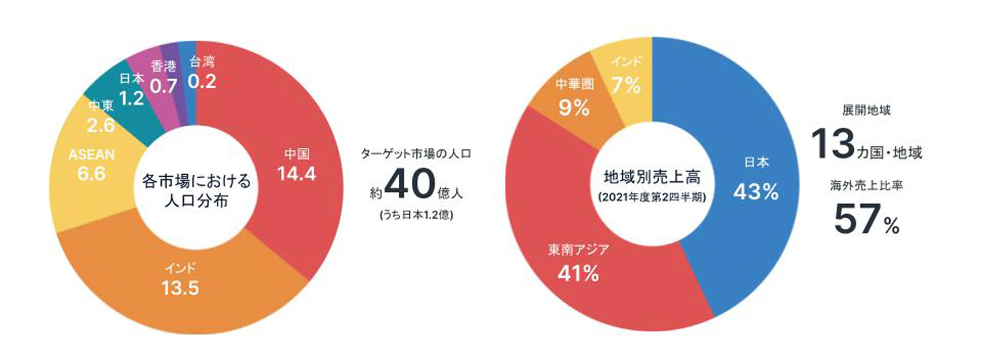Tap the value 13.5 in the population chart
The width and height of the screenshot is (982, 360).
181,288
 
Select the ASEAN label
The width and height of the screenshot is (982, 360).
92,154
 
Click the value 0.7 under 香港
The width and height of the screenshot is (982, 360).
163,84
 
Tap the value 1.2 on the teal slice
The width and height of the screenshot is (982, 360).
133,99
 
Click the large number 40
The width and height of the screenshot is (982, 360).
410,187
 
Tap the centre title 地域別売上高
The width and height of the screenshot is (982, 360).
652,178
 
